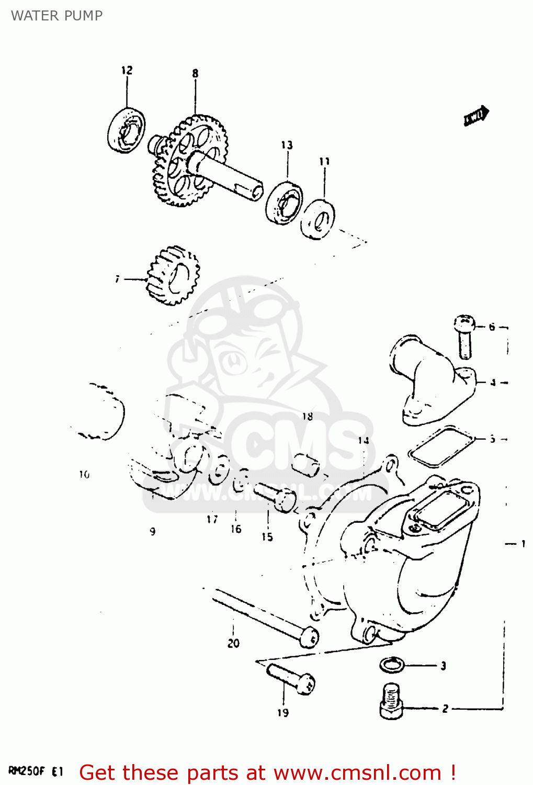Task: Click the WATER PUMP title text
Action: point(56,16)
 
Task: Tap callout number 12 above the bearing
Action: point(127,70)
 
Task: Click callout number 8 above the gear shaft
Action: point(195,73)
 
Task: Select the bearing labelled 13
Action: point(284,203)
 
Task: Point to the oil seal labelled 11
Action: point(318,219)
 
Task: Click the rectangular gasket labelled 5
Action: point(441,446)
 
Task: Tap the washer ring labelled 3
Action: point(392,665)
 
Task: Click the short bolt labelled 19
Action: point(291,678)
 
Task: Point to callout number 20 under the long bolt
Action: point(233,643)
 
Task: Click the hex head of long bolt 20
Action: point(310,637)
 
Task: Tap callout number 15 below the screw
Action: point(267,536)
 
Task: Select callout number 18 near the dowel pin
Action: point(308,416)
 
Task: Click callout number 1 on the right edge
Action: point(523,544)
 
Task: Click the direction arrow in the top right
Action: point(476,116)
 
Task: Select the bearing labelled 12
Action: point(127,130)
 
